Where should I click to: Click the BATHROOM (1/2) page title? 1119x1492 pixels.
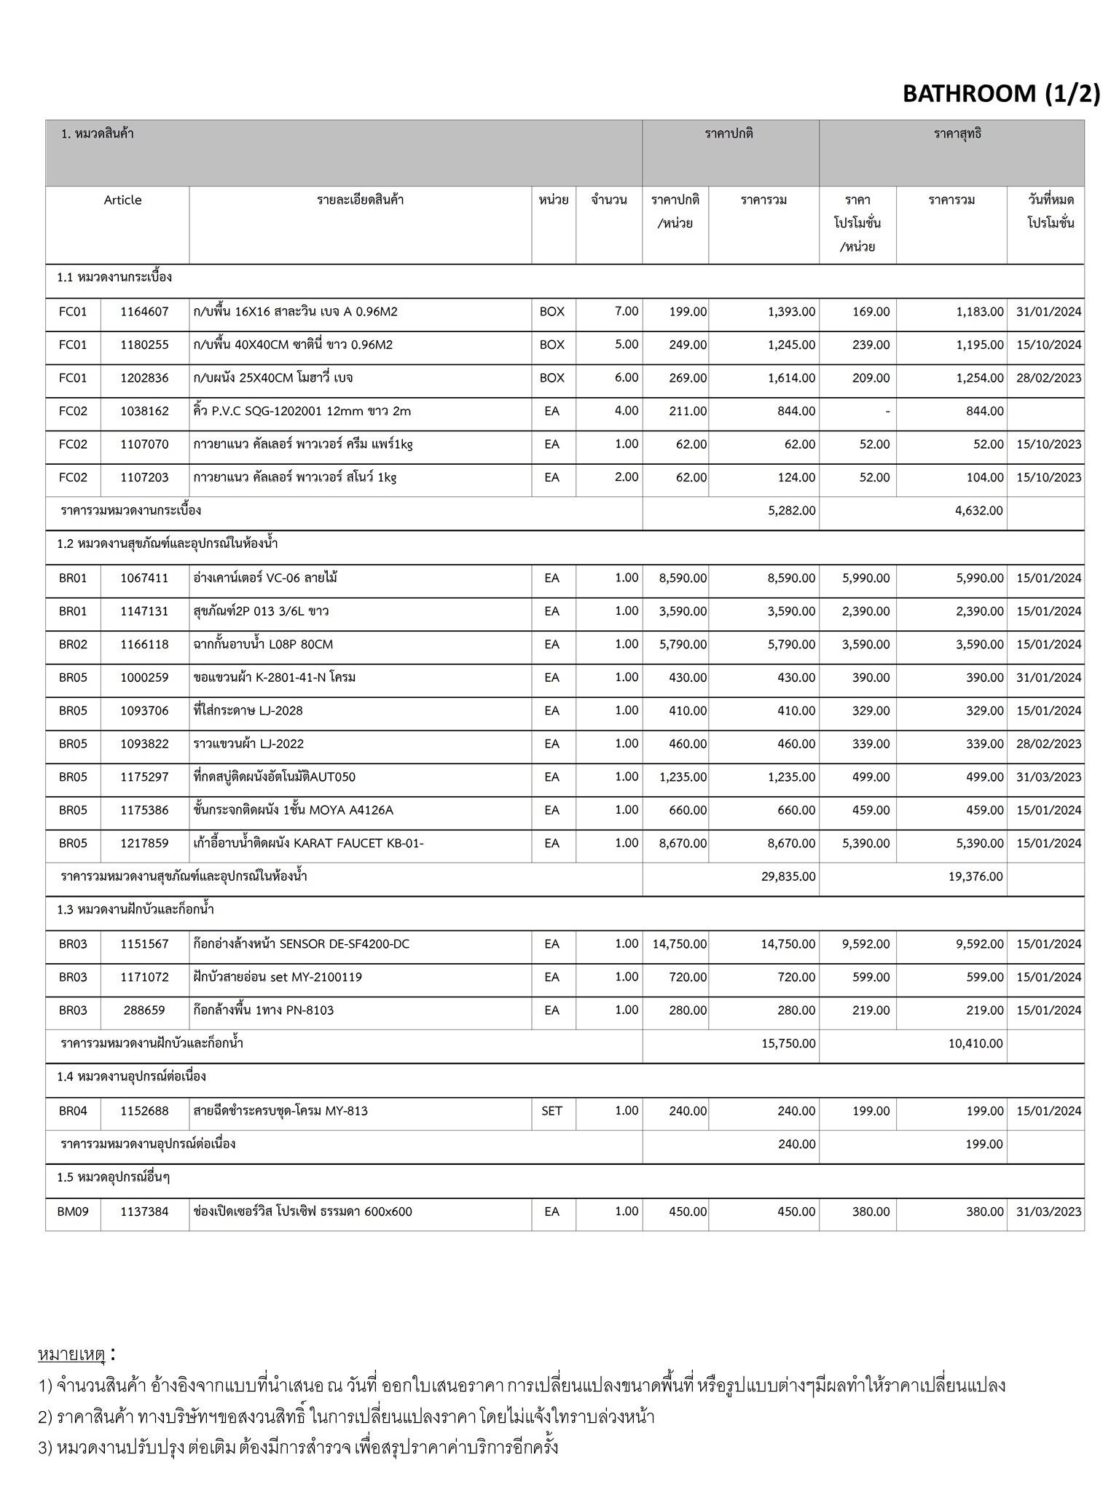1001,93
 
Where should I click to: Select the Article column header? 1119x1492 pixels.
122,200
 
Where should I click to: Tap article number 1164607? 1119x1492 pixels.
144,312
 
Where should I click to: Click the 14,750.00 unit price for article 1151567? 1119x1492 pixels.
679,944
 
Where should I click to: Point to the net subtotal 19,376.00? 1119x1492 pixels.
975,876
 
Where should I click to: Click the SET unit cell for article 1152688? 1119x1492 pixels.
551,1111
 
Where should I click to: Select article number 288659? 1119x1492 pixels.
144,1010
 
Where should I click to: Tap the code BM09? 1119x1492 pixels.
73,1212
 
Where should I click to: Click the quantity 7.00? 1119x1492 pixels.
626,311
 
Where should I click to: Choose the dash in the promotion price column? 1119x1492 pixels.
887,412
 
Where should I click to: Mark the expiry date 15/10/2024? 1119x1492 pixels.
1048,345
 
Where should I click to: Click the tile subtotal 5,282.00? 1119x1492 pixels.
791,511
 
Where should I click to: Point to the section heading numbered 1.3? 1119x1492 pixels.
136,910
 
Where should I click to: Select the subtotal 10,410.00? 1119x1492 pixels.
975,1044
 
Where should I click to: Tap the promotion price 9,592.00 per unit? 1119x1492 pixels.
865,944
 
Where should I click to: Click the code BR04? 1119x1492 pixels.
73,1111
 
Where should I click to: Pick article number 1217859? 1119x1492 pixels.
144,844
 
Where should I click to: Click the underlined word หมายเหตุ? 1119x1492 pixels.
72,1354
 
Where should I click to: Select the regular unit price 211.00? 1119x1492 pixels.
688,412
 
